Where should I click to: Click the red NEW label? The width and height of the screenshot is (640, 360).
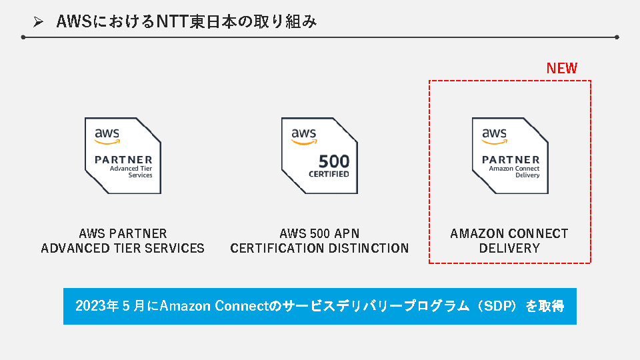[x=561, y=68]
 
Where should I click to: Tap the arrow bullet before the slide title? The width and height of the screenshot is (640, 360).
[x=39, y=23]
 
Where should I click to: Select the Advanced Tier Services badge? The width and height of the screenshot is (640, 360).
[x=123, y=155]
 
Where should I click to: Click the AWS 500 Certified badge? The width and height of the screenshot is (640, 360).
[x=319, y=155]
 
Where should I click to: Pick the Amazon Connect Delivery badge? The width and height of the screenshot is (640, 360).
[x=510, y=155]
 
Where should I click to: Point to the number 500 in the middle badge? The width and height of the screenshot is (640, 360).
[x=333, y=162]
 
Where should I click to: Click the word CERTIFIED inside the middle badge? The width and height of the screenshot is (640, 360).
[x=329, y=175]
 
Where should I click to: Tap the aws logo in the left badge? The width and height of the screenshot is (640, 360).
[x=107, y=135]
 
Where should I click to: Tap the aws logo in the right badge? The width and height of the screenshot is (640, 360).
[x=494, y=135]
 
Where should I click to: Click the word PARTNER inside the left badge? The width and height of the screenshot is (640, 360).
[x=123, y=160]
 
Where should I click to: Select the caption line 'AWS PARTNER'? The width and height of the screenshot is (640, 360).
[x=123, y=234]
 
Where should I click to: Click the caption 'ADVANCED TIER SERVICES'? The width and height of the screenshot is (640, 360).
[x=123, y=249]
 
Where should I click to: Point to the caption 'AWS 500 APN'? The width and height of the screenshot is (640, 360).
[x=319, y=234]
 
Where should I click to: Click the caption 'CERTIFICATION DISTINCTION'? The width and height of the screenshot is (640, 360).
[x=319, y=249]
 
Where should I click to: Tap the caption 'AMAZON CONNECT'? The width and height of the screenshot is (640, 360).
[x=509, y=234]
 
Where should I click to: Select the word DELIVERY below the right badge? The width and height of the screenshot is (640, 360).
[x=509, y=249]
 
